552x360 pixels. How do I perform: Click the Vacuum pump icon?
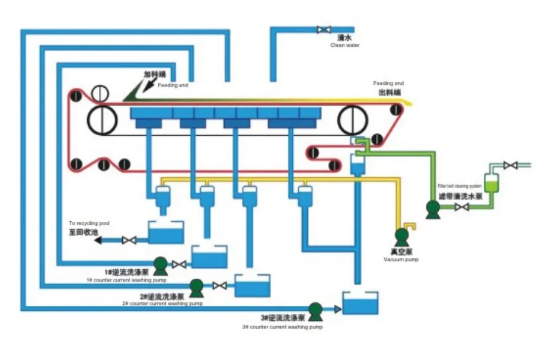[402, 237]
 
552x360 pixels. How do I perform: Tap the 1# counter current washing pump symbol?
[160, 264]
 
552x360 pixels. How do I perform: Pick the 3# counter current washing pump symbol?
[315, 309]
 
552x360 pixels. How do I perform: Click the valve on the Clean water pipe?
[324, 30]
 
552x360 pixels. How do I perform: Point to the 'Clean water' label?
[344, 45]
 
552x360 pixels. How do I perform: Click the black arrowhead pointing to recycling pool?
[98, 240]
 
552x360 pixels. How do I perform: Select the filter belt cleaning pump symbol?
[433, 207]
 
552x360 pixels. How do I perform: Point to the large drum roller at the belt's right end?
[353, 121]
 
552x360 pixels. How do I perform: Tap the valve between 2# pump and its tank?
[219, 286]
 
